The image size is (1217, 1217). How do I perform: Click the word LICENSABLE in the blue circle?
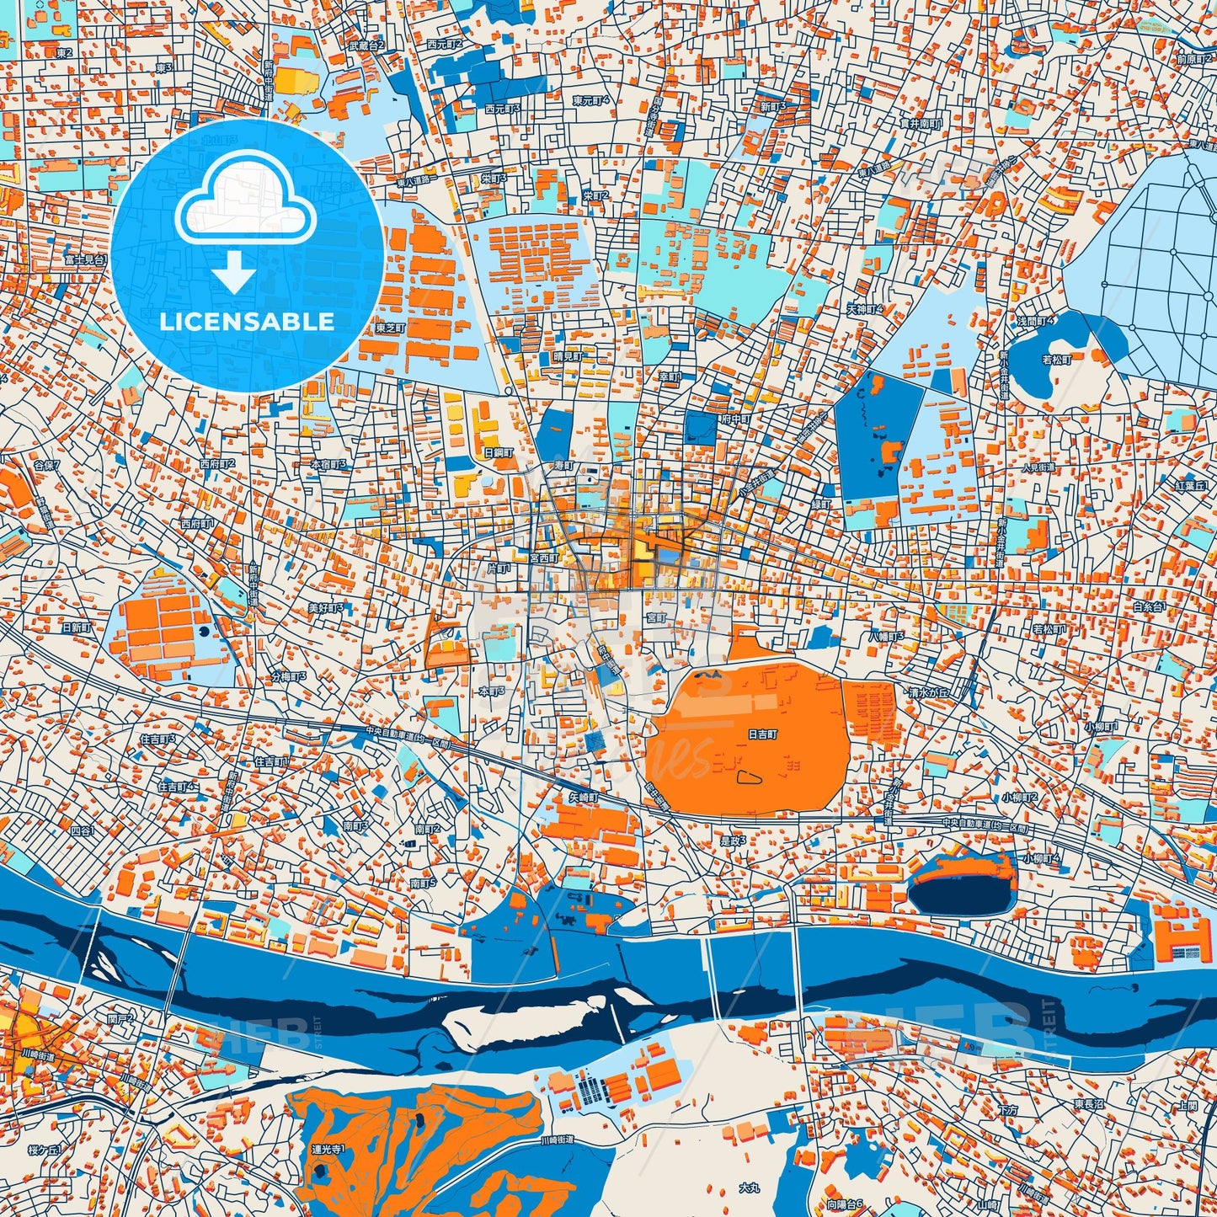pyautogui.click(x=247, y=322)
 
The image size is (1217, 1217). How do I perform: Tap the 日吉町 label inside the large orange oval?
pyautogui.click(x=763, y=734)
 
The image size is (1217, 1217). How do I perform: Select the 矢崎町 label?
pyautogui.click(x=582, y=797)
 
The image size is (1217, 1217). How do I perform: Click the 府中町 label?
pyautogui.click(x=735, y=419)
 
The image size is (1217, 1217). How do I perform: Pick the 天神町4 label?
pyautogui.click(x=865, y=310)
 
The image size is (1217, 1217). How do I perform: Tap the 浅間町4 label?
pyautogui.click(x=1035, y=322)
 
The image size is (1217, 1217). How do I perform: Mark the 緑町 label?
pyautogui.click(x=820, y=503)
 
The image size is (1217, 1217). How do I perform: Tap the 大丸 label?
pyautogui.click(x=749, y=1188)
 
